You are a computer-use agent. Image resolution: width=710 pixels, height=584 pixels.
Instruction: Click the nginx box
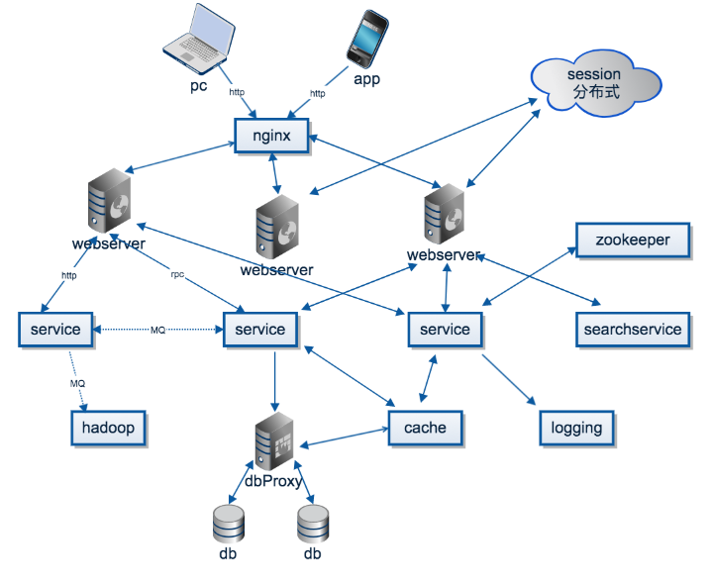tap(271, 136)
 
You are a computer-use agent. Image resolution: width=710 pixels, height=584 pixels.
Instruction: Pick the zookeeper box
tap(633, 240)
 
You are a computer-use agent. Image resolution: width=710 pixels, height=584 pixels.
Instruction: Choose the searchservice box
tap(632, 330)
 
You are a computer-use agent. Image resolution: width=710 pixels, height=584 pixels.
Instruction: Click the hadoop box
tap(108, 429)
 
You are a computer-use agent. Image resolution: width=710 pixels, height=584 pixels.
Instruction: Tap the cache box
tap(425, 428)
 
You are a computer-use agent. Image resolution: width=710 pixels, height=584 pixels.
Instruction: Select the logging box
tap(577, 428)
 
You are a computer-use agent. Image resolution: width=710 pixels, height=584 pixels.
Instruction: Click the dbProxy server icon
tap(274, 443)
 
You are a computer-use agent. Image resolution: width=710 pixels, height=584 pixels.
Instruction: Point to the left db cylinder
tap(229, 524)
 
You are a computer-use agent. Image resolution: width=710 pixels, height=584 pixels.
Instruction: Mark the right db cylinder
tap(312, 524)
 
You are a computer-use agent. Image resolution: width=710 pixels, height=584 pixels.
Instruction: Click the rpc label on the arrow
tap(178, 275)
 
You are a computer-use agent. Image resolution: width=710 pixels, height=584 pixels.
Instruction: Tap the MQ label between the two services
tap(157, 330)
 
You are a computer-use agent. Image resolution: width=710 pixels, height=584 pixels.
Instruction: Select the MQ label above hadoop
tap(77, 382)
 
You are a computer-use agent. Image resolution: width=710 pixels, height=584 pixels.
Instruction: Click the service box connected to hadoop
tap(55, 329)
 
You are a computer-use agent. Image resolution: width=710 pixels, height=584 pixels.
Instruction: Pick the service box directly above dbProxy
tap(260, 330)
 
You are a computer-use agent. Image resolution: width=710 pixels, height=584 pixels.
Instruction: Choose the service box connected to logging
tap(445, 330)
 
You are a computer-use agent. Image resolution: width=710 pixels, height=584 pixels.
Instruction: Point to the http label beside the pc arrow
tap(237, 92)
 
